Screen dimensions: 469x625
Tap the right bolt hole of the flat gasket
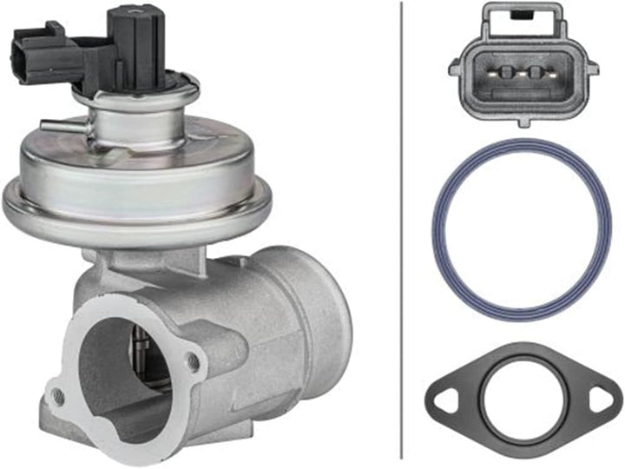(x=600, y=400)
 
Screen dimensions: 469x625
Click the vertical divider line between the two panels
(x=401, y=234)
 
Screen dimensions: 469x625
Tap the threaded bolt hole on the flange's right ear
(x=193, y=361)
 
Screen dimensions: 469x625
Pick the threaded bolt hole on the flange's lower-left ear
(x=58, y=396)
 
